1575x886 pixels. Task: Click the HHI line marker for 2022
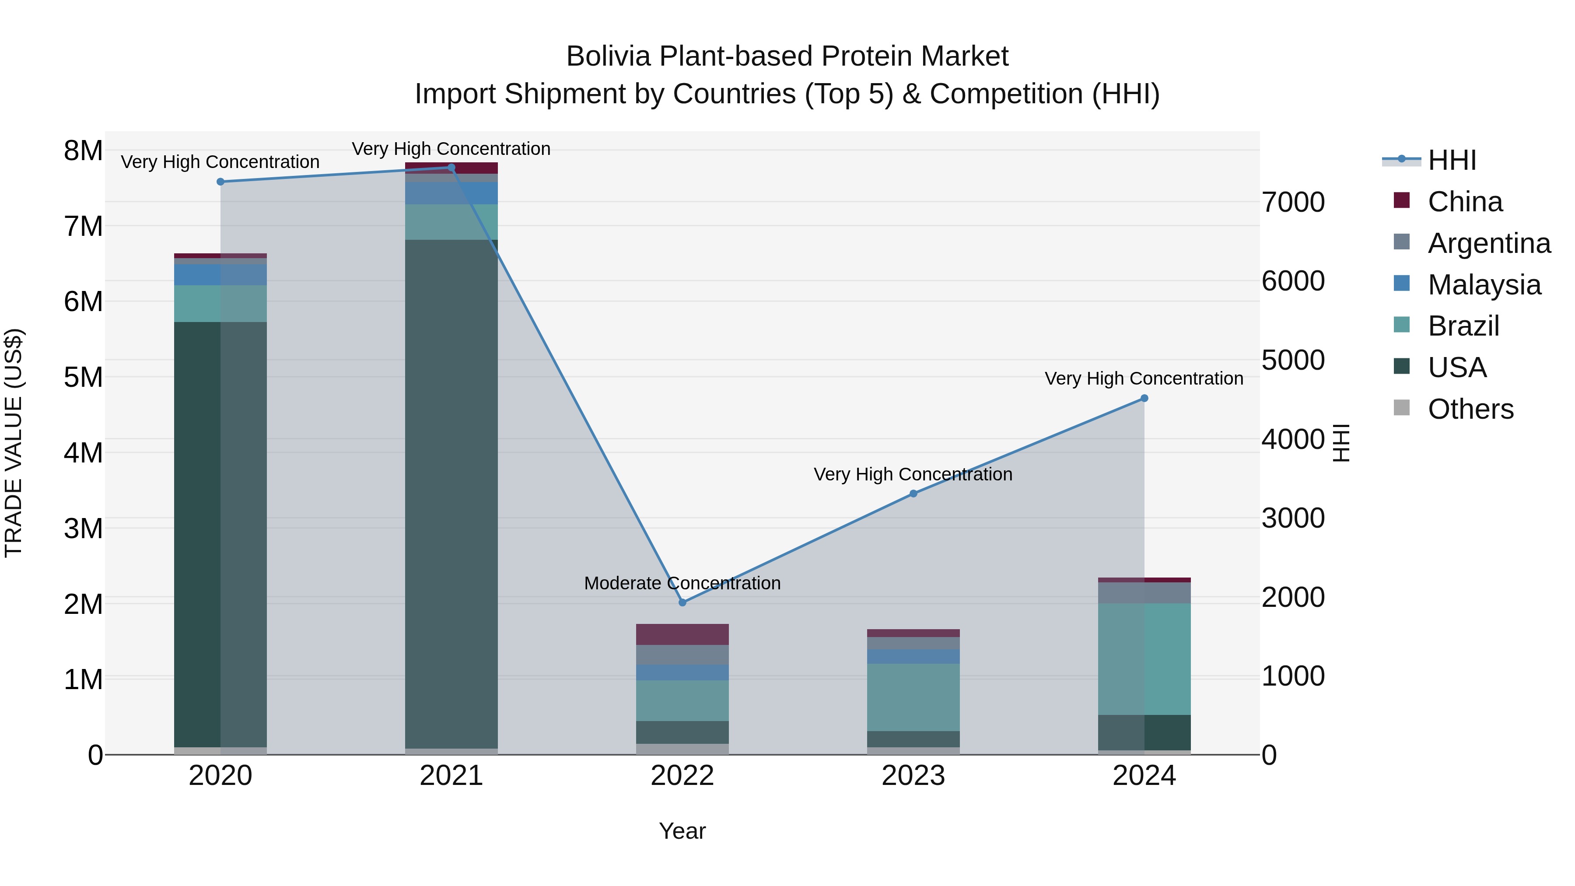(x=682, y=602)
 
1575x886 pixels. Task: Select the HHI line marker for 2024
(x=1144, y=398)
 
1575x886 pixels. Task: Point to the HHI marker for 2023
(x=913, y=494)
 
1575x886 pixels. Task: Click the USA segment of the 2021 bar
(x=451, y=489)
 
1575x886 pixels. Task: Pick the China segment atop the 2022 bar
(x=682, y=634)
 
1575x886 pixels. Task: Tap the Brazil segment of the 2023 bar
(x=913, y=697)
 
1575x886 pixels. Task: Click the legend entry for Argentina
(x=1488, y=243)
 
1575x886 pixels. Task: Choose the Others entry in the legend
(x=1470, y=409)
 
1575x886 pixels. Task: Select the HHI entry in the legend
(x=1452, y=160)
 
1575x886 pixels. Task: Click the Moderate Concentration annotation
(x=682, y=583)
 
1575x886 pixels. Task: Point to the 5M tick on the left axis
(x=83, y=377)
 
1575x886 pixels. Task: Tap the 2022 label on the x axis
(x=682, y=776)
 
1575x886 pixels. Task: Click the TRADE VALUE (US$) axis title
(x=14, y=443)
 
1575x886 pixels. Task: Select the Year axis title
(x=682, y=831)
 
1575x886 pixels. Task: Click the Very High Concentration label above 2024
(x=1144, y=378)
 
